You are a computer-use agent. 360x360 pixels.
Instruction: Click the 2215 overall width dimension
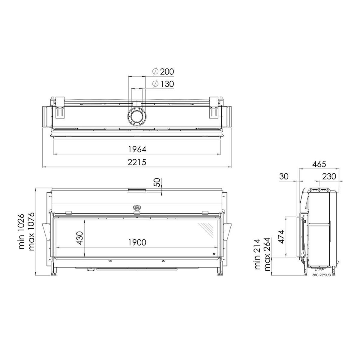pos(137,162)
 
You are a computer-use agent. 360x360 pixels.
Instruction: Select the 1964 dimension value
pos(137,149)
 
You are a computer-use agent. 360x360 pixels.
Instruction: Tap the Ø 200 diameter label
pos(163,72)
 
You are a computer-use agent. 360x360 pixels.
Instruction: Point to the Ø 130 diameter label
pos(163,84)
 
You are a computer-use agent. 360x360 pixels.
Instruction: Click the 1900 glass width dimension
pos(137,242)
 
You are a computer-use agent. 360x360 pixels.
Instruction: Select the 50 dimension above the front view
pos(157,182)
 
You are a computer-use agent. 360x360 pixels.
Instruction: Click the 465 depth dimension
pos(319,164)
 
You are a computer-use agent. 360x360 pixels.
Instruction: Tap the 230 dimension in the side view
pos(329,176)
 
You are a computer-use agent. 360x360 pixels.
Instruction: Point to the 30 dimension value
pos(284,176)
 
